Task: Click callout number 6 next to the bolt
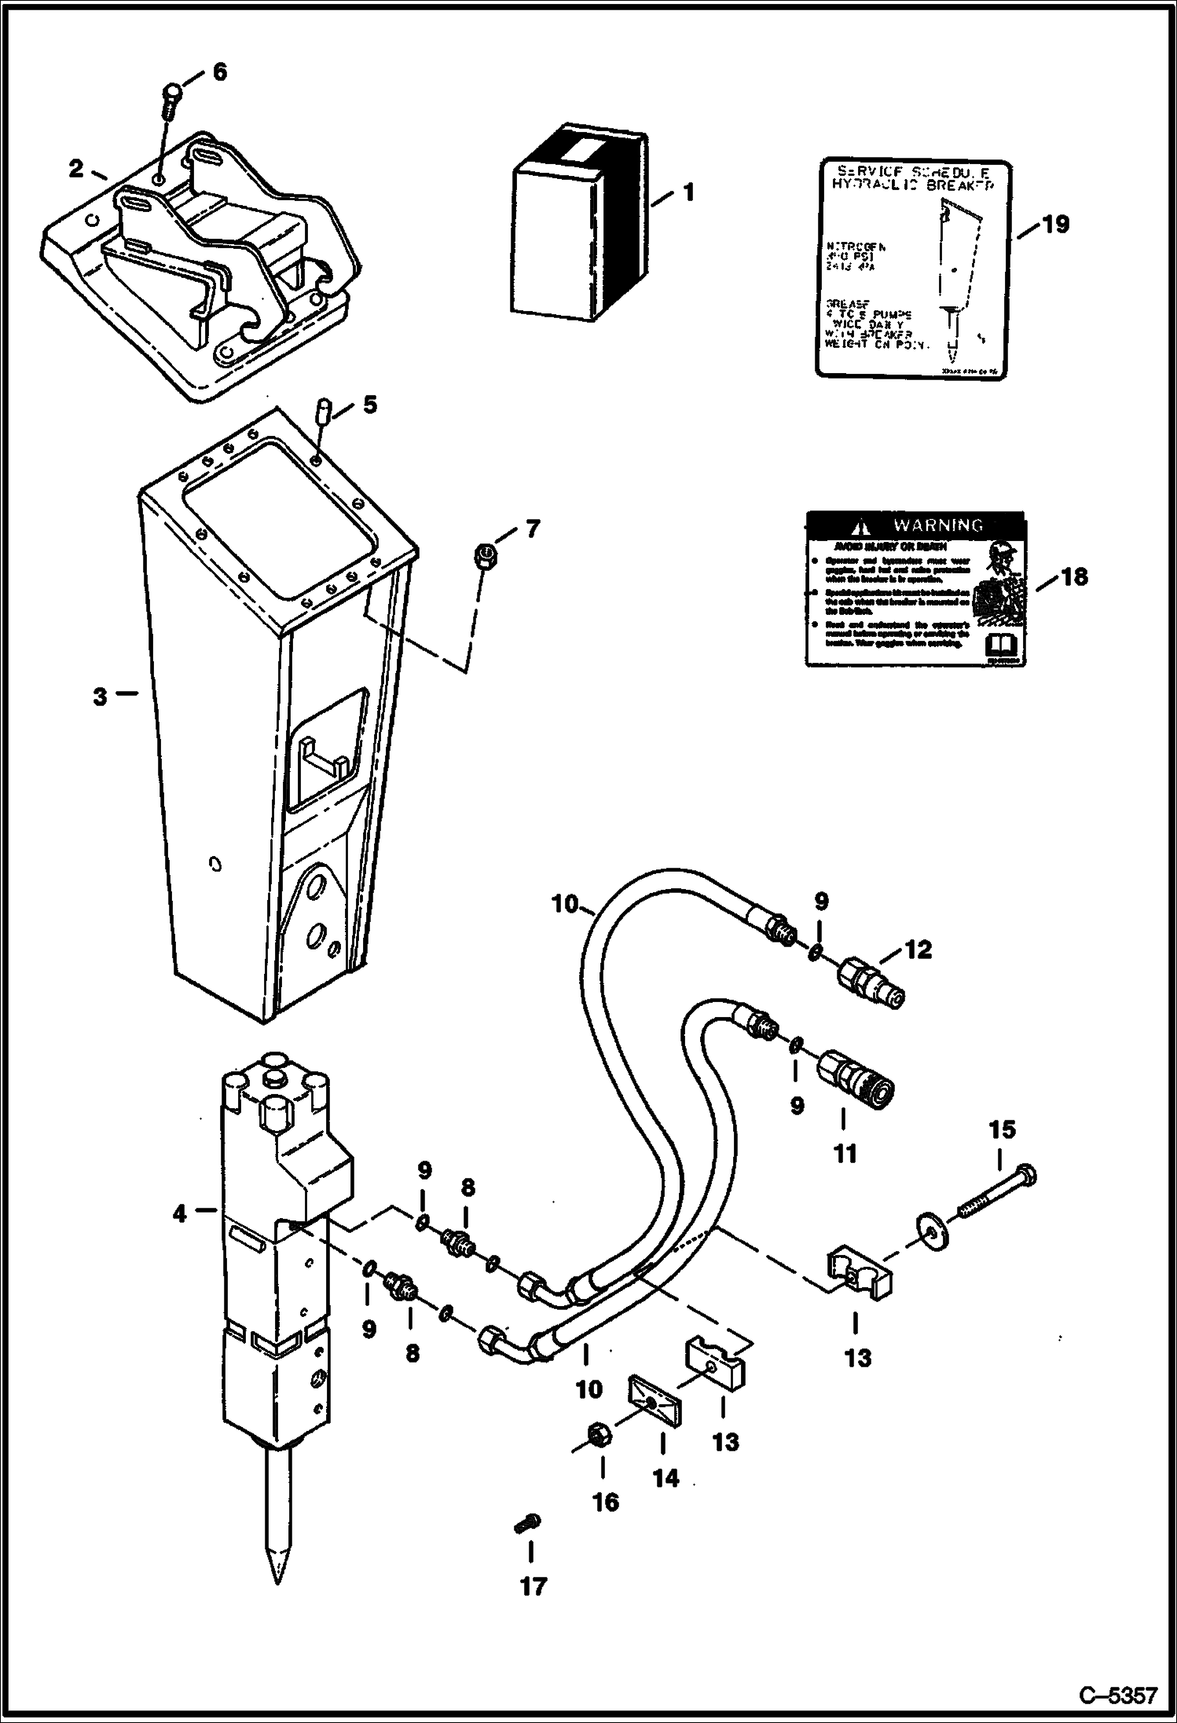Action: tap(219, 72)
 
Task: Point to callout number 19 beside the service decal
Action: tap(1056, 225)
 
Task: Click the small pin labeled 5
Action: tap(323, 412)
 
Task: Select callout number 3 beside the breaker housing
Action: tap(100, 697)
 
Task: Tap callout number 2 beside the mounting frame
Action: tap(76, 168)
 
